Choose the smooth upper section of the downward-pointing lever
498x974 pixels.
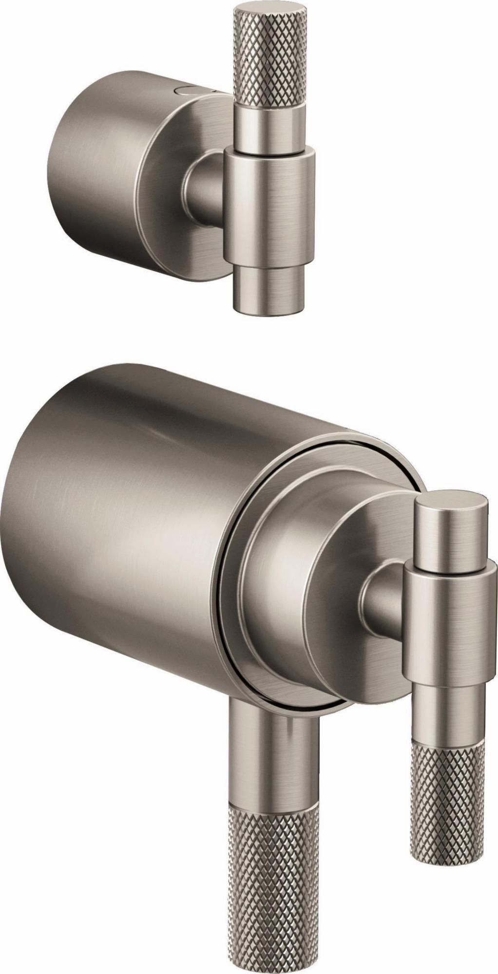pos(270,760)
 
